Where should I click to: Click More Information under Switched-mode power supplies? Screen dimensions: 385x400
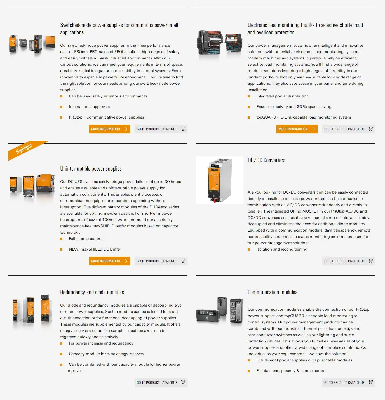[x=110, y=129]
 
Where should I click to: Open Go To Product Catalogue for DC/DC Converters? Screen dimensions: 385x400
[x=348, y=261]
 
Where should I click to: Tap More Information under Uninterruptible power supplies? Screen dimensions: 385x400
[x=110, y=261]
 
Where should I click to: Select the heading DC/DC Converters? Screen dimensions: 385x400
[x=266, y=160]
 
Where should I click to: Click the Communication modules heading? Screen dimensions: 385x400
[x=273, y=292]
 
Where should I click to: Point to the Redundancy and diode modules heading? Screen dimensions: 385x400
[x=92, y=292]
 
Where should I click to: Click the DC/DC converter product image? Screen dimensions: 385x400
[x=220, y=180]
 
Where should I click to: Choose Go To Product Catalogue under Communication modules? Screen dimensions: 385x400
[x=348, y=382]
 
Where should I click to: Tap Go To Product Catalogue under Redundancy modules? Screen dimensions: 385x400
[x=161, y=382]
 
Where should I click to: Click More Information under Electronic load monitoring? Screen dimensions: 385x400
[x=297, y=129]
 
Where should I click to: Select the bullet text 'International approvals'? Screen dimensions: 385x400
[x=89, y=107]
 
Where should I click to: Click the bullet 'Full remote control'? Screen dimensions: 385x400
[x=86, y=239]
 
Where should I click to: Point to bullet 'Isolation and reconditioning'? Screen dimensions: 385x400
[x=282, y=249]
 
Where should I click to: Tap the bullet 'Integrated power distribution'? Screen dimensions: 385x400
[x=283, y=96]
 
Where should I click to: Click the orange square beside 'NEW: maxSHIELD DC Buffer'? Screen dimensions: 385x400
[x=61, y=250]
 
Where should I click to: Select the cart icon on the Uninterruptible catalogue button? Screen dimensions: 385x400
[x=183, y=261]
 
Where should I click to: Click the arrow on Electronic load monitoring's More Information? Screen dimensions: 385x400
[x=314, y=129]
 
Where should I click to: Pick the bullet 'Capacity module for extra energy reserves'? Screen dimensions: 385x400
[x=106, y=354]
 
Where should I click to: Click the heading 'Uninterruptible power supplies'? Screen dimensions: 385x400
[x=91, y=169]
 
